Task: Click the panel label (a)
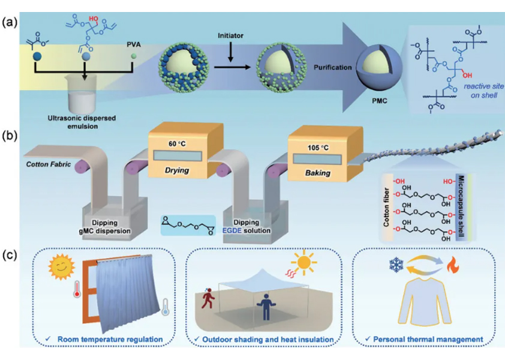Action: click(10, 23)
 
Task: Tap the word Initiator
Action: click(230, 35)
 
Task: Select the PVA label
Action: click(134, 44)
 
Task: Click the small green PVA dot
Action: click(134, 56)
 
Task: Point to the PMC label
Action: click(380, 101)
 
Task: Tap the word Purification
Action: click(333, 67)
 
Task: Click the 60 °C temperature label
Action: click(177, 144)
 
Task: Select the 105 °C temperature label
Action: click(318, 148)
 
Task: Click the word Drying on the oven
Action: click(176, 170)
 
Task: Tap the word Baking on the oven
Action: click(317, 173)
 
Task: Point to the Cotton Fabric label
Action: click(49, 164)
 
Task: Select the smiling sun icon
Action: click(61, 267)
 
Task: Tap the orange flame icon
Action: click(452, 266)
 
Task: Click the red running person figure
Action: click(207, 298)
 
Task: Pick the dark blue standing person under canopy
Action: click(266, 307)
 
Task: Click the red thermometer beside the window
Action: click(77, 288)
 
